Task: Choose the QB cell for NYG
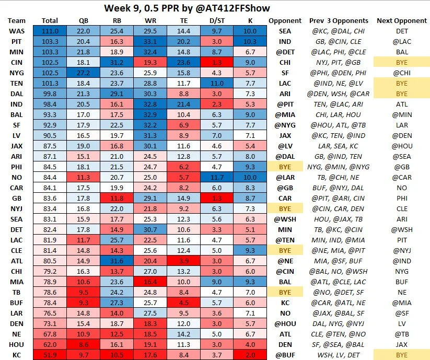(83, 73)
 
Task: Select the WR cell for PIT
(149, 41)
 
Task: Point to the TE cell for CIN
(181, 62)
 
